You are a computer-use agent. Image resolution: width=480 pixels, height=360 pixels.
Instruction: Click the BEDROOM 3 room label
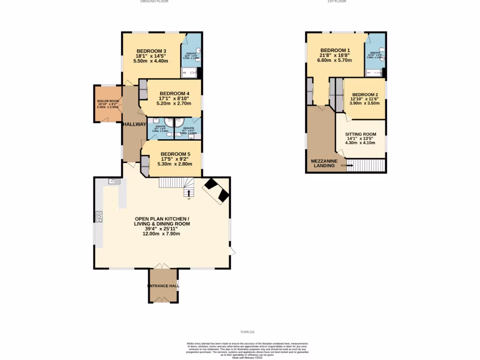pos(151,51)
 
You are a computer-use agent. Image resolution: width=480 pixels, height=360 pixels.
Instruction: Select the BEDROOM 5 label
pos(175,154)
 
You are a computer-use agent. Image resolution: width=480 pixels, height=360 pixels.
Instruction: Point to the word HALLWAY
pos(135,124)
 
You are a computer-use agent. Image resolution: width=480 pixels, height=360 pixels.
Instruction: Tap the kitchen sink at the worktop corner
pos(113,181)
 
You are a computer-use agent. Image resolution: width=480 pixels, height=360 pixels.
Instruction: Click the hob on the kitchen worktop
pos(99,216)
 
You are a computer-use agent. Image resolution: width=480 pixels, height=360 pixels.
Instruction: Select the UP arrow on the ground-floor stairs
pos(189,193)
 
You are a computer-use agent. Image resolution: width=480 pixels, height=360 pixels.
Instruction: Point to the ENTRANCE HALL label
pos(164,285)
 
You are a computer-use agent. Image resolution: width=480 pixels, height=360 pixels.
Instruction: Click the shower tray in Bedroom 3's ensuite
pos(189,72)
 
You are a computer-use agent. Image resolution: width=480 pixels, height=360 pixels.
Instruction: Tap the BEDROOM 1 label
pos(335,50)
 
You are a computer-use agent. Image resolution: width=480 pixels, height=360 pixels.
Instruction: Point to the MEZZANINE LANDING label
pos(324,163)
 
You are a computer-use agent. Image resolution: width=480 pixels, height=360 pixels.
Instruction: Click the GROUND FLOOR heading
pos(154,2)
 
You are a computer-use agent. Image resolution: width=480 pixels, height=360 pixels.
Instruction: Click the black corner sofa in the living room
pos(216,190)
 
